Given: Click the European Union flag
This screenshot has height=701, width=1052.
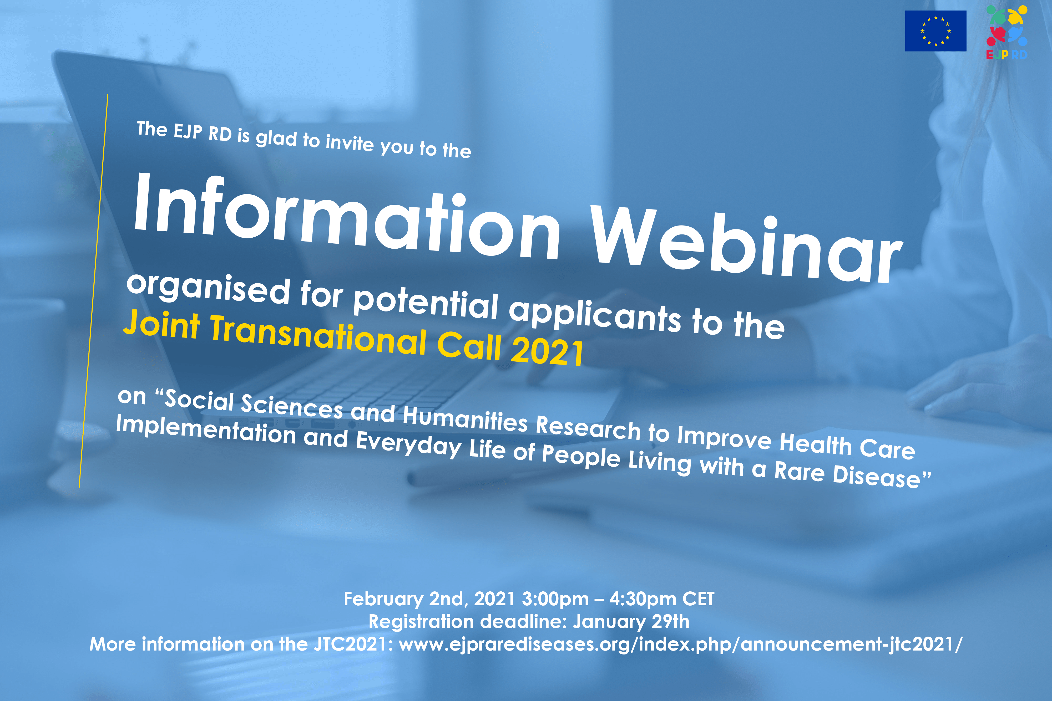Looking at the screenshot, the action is point(935,31).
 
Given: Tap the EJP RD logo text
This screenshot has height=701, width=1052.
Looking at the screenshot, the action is point(1007,55).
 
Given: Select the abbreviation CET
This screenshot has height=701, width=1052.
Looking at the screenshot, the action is point(698,598).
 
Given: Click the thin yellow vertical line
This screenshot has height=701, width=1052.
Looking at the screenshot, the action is point(93,291).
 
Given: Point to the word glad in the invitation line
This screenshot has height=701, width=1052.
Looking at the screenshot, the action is point(276,138).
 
